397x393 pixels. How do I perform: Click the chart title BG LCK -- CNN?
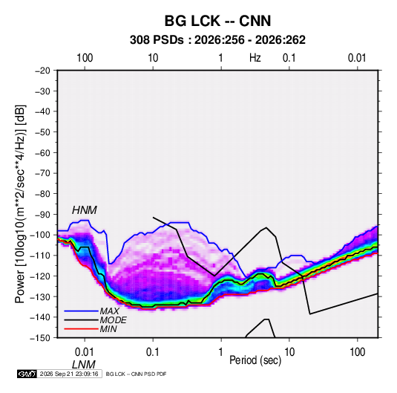[217, 21]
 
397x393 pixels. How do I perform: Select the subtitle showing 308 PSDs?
[217, 40]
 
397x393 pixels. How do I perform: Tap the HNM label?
[85, 210]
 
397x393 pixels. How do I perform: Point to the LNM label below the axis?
[84, 365]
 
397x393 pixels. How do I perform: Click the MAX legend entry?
[109, 311]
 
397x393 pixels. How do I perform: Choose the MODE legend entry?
[114, 320]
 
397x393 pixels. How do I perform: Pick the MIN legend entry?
[108, 329]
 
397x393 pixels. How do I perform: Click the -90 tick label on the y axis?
[42, 215]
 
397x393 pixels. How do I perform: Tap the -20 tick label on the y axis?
[42, 71]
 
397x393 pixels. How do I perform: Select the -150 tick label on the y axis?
[40, 338]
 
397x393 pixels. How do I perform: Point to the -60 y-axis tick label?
[42, 152]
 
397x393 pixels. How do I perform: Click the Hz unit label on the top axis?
[255, 58]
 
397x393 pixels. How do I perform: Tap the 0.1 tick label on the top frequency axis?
[289, 58]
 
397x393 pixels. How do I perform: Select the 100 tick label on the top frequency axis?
[85, 58]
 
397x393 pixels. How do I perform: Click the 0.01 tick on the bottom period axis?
[85, 352]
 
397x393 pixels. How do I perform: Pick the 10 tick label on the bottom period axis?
[289, 352]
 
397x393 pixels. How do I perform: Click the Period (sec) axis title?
[255, 360]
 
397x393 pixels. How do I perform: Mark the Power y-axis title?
[20, 204]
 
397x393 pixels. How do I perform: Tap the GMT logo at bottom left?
[27, 374]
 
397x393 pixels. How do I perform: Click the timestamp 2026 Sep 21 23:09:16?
[69, 374]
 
